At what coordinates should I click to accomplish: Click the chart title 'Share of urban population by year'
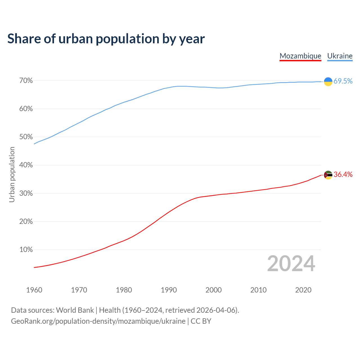106,39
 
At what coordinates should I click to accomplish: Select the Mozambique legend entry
300,56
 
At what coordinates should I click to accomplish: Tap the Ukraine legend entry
340,56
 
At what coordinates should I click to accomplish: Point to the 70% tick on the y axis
26,81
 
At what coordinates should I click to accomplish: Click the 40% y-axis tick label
26,165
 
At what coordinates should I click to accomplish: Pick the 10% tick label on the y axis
26,250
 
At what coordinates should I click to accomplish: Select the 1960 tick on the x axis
34,290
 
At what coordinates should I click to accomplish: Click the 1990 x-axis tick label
169,290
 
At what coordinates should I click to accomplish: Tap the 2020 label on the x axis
303,290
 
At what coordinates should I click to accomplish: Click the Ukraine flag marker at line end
328,81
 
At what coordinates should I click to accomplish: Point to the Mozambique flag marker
328,175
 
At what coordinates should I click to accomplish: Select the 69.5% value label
343,81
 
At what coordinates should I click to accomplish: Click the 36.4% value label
343,175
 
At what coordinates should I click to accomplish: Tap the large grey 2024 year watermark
291,264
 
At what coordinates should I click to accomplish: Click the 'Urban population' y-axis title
12,175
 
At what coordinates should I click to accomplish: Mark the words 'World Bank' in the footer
75,310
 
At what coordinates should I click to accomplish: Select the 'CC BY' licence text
201,321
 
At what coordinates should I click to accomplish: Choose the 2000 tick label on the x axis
213,290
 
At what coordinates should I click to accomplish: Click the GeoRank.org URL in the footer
98,321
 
